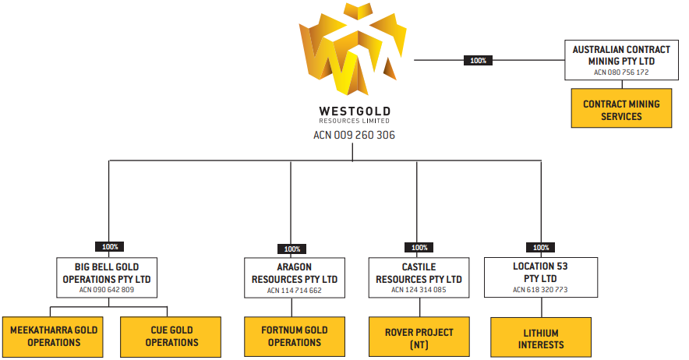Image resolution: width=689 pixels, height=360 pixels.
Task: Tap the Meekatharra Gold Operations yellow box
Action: click(53, 337)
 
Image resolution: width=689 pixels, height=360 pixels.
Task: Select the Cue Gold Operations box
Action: click(171, 337)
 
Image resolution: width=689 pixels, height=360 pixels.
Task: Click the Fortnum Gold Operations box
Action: click(295, 337)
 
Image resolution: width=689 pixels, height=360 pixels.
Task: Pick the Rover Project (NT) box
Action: click(419, 337)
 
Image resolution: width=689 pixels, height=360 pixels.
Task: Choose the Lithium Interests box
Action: click(541, 337)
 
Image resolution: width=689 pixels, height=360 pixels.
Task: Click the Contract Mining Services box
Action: click(621, 108)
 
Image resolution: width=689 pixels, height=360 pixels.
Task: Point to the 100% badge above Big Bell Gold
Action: click(110, 246)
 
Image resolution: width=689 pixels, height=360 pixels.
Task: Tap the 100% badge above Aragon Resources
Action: click(291, 249)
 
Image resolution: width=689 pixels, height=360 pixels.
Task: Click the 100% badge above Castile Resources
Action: click(419, 248)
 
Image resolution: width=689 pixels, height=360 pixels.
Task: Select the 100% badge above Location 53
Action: click(541, 248)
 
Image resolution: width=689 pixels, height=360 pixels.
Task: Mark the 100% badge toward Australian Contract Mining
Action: click(478, 60)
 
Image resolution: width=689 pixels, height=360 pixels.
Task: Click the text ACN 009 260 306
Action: click(354, 135)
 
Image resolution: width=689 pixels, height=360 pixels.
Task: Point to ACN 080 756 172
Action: click(621, 72)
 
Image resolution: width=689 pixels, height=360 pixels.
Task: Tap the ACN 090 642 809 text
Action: click(107, 290)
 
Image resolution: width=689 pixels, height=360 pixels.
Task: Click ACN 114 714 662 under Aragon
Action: click(295, 291)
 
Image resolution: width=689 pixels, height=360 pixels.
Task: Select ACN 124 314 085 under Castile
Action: click(419, 290)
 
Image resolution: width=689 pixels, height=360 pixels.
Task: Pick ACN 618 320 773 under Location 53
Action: click(540, 290)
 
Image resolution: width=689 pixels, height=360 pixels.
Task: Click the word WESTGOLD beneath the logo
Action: click(355, 111)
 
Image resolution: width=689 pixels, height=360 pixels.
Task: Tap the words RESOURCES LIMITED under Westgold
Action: click(354, 121)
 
